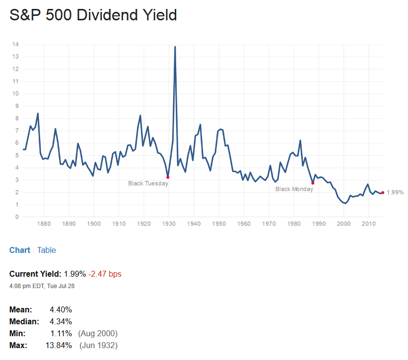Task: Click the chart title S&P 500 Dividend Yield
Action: [x=93, y=15]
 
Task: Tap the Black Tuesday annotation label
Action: [x=148, y=183]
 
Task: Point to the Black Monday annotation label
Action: [x=294, y=189]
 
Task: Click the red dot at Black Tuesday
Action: [x=168, y=177]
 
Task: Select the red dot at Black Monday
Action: [x=313, y=183]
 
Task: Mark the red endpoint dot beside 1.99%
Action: [x=383, y=192]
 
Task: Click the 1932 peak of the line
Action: [x=175, y=47]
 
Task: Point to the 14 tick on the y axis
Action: [x=16, y=45]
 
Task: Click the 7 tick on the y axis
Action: [x=17, y=131]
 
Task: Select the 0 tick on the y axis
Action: [x=17, y=217]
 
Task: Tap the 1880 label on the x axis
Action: [x=44, y=224]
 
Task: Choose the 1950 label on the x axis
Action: [x=219, y=224]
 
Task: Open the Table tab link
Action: [x=47, y=250]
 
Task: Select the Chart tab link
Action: [x=20, y=250]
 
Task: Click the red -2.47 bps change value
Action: [x=105, y=274]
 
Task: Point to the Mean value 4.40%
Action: [x=61, y=309]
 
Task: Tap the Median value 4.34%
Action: [x=61, y=321]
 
